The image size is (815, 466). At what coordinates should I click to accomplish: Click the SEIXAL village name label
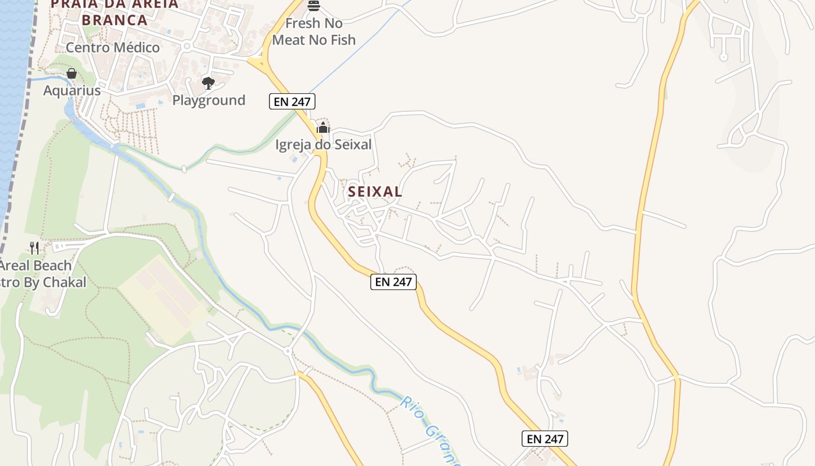[375, 191]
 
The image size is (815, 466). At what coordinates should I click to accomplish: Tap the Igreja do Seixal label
[323, 144]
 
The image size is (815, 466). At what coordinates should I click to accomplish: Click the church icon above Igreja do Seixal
[323, 128]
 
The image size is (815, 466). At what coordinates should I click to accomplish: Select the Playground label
[208, 100]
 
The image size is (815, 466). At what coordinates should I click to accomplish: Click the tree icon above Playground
[208, 83]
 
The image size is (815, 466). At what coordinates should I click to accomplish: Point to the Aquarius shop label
[72, 91]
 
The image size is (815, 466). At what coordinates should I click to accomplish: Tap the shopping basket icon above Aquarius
[72, 73]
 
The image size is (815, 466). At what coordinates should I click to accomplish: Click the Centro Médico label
[112, 48]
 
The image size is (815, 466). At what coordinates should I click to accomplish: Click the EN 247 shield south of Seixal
[394, 282]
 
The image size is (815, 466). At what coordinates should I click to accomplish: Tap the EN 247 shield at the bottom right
[544, 439]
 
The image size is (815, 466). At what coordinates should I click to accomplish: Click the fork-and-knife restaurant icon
[34, 248]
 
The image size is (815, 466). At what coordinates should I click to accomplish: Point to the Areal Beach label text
[36, 266]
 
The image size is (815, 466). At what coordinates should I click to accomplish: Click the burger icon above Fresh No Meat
[314, 6]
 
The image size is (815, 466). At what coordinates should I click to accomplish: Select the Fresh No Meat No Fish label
[314, 31]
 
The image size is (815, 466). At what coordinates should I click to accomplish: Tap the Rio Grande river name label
[431, 431]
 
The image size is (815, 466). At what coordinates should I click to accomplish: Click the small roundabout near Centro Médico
[187, 46]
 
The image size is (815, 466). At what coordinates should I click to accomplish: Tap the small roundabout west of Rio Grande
[288, 351]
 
